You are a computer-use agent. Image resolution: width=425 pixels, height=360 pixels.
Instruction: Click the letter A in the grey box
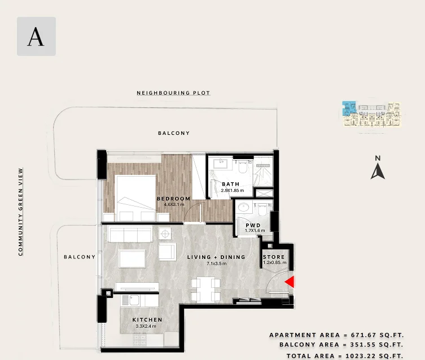[x=36, y=37]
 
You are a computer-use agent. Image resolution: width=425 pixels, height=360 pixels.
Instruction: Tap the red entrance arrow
[x=290, y=282]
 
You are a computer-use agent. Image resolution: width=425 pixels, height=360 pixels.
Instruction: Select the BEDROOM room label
[x=174, y=199]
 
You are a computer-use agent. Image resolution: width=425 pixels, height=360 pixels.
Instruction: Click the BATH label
[x=231, y=184]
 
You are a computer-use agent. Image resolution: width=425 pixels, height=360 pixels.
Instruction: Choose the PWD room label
[x=253, y=225]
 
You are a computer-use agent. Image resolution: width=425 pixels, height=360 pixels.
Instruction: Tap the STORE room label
[x=274, y=257]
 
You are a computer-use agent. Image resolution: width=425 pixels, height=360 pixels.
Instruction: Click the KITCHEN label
[x=147, y=320]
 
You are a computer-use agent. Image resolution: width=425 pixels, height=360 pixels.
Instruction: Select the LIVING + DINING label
[x=216, y=257]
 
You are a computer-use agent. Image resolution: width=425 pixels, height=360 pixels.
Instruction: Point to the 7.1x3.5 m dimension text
[x=217, y=264]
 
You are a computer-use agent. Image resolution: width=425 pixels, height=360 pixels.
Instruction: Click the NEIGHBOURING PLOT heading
[x=173, y=93]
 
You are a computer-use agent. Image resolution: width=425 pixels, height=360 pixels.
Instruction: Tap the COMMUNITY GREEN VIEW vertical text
[x=20, y=212]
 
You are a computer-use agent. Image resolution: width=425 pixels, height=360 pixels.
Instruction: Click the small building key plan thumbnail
[x=371, y=114]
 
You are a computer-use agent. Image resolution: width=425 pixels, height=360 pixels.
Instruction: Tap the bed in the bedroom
[x=135, y=198]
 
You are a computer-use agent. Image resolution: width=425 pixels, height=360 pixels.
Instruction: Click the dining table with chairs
[x=205, y=289]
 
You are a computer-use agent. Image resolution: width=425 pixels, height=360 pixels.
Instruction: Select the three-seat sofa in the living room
[x=130, y=234]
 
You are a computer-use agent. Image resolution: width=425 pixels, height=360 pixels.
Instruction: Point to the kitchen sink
[x=134, y=300]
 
